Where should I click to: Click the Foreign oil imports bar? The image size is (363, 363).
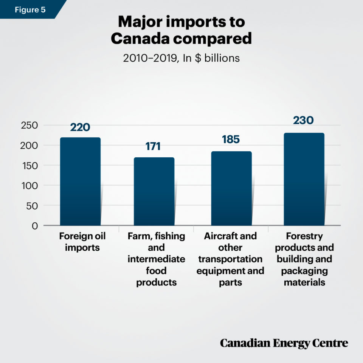(x=80, y=181)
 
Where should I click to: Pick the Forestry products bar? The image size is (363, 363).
(x=304, y=179)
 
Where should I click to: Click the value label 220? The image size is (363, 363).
(x=80, y=127)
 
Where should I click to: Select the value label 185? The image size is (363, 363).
(x=231, y=140)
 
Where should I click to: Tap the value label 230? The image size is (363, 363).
(x=303, y=120)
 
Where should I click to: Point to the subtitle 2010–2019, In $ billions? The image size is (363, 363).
(x=181, y=58)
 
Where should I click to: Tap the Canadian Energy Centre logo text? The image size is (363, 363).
(x=284, y=343)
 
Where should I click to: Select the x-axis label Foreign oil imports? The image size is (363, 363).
(x=82, y=242)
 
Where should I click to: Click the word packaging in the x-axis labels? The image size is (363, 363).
(x=304, y=271)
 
